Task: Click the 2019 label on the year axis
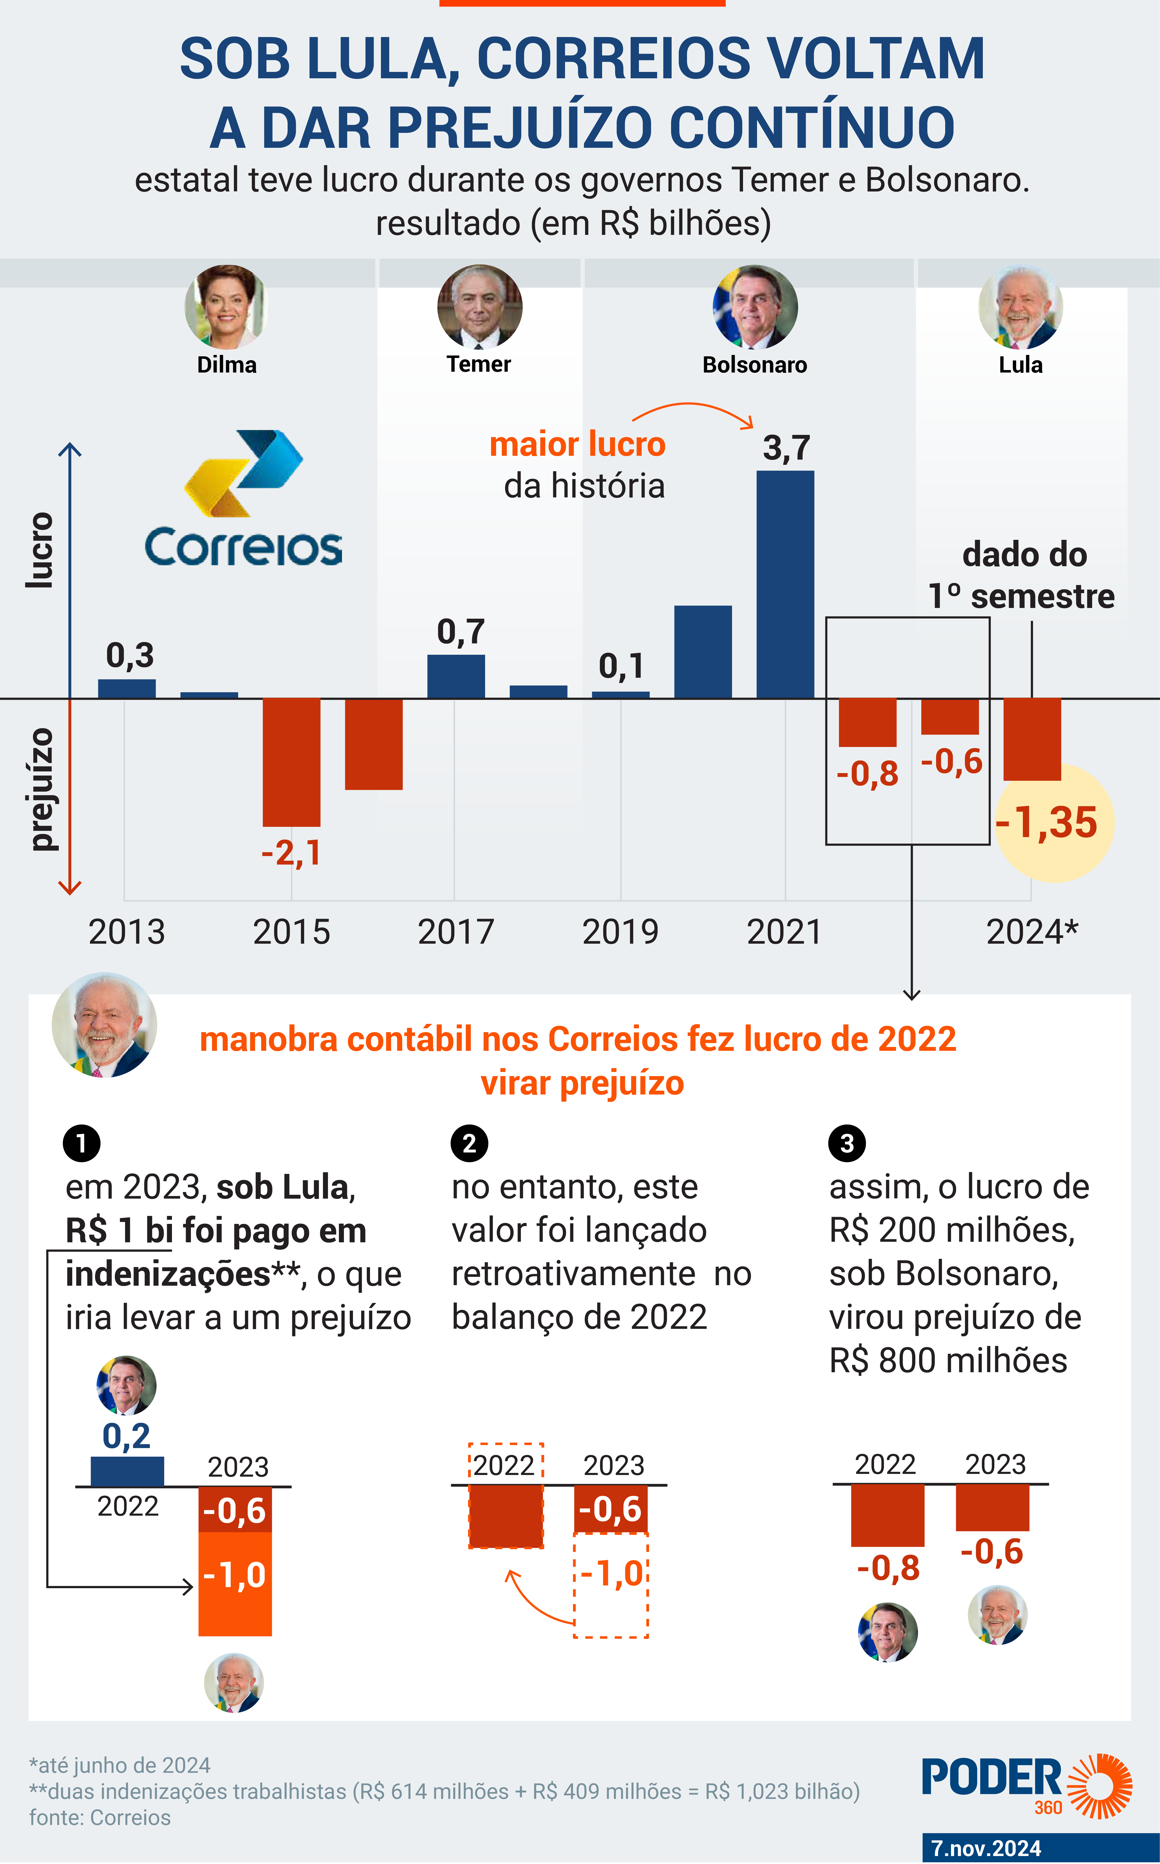click(620, 932)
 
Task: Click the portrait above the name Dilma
click(226, 307)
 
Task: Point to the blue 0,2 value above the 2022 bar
click(127, 1436)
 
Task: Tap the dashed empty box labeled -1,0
click(611, 1585)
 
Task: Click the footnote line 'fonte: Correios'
click(100, 1817)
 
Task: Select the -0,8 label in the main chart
click(867, 774)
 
